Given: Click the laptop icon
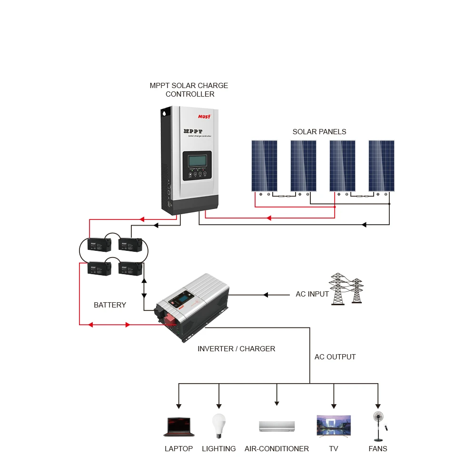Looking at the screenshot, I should (x=178, y=427).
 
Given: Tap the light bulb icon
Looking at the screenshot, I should (x=218, y=426).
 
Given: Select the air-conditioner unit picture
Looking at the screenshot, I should (x=277, y=426).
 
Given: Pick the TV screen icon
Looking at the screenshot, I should (x=334, y=426).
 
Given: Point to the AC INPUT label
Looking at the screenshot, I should (x=312, y=294).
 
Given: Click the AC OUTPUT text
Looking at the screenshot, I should (x=335, y=357).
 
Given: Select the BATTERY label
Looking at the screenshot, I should (x=110, y=305).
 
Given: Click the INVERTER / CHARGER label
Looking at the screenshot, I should (x=236, y=348).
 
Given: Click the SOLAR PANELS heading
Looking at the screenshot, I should (x=319, y=131).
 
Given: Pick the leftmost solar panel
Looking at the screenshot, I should (x=265, y=166).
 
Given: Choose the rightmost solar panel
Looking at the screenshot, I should (x=381, y=166).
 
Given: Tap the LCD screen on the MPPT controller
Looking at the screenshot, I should (x=197, y=160).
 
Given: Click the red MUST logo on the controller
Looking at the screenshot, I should (x=204, y=116).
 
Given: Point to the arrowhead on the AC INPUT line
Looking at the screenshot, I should (x=266, y=295).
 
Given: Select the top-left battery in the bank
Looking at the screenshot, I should (x=99, y=245).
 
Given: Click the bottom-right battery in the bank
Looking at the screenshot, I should (x=130, y=268).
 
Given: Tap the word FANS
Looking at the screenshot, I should (x=378, y=448).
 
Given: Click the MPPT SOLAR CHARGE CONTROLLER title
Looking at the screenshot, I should (x=189, y=89).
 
